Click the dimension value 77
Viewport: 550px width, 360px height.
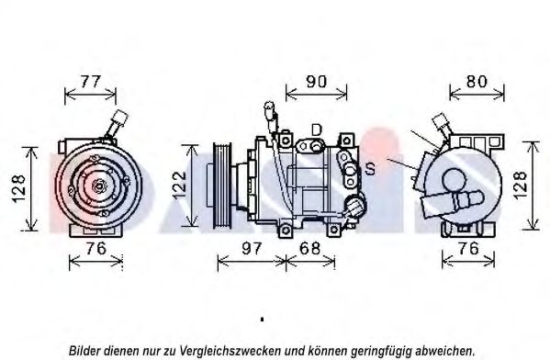[91, 82]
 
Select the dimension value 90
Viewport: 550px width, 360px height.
[317, 82]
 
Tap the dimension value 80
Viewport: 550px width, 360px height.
[477, 82]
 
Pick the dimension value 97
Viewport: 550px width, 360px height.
[252, 249]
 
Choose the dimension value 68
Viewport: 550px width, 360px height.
[309, 249]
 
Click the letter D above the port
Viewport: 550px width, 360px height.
[316, 130]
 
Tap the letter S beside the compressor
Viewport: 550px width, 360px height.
[370, 169]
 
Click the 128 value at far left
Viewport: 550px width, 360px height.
[18, 189]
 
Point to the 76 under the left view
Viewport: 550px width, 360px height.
[95, 249]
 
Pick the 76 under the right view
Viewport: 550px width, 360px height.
[468, 249]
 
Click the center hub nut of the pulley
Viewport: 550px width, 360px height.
[98, 186]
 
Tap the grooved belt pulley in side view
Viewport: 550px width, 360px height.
[222, 185]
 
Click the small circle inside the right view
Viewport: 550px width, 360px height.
[455, 180]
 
